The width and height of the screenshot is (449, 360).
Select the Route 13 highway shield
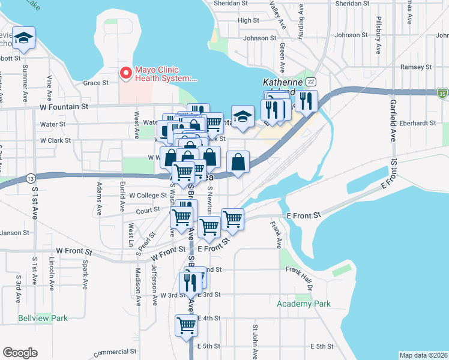pos(29,178)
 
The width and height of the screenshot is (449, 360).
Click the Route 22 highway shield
pos(310,82)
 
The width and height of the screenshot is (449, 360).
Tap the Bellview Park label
pos(43,318)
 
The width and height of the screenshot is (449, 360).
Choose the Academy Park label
pos(304,304)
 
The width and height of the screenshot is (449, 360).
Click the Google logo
pos(20,353)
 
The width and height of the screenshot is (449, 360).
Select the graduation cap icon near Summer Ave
pos(24,38)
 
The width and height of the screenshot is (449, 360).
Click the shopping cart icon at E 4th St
pos(187,326)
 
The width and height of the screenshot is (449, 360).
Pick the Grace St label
pos(95,83)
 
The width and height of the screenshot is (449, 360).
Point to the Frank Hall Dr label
pos(300,270)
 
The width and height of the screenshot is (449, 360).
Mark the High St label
pos(248,20)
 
